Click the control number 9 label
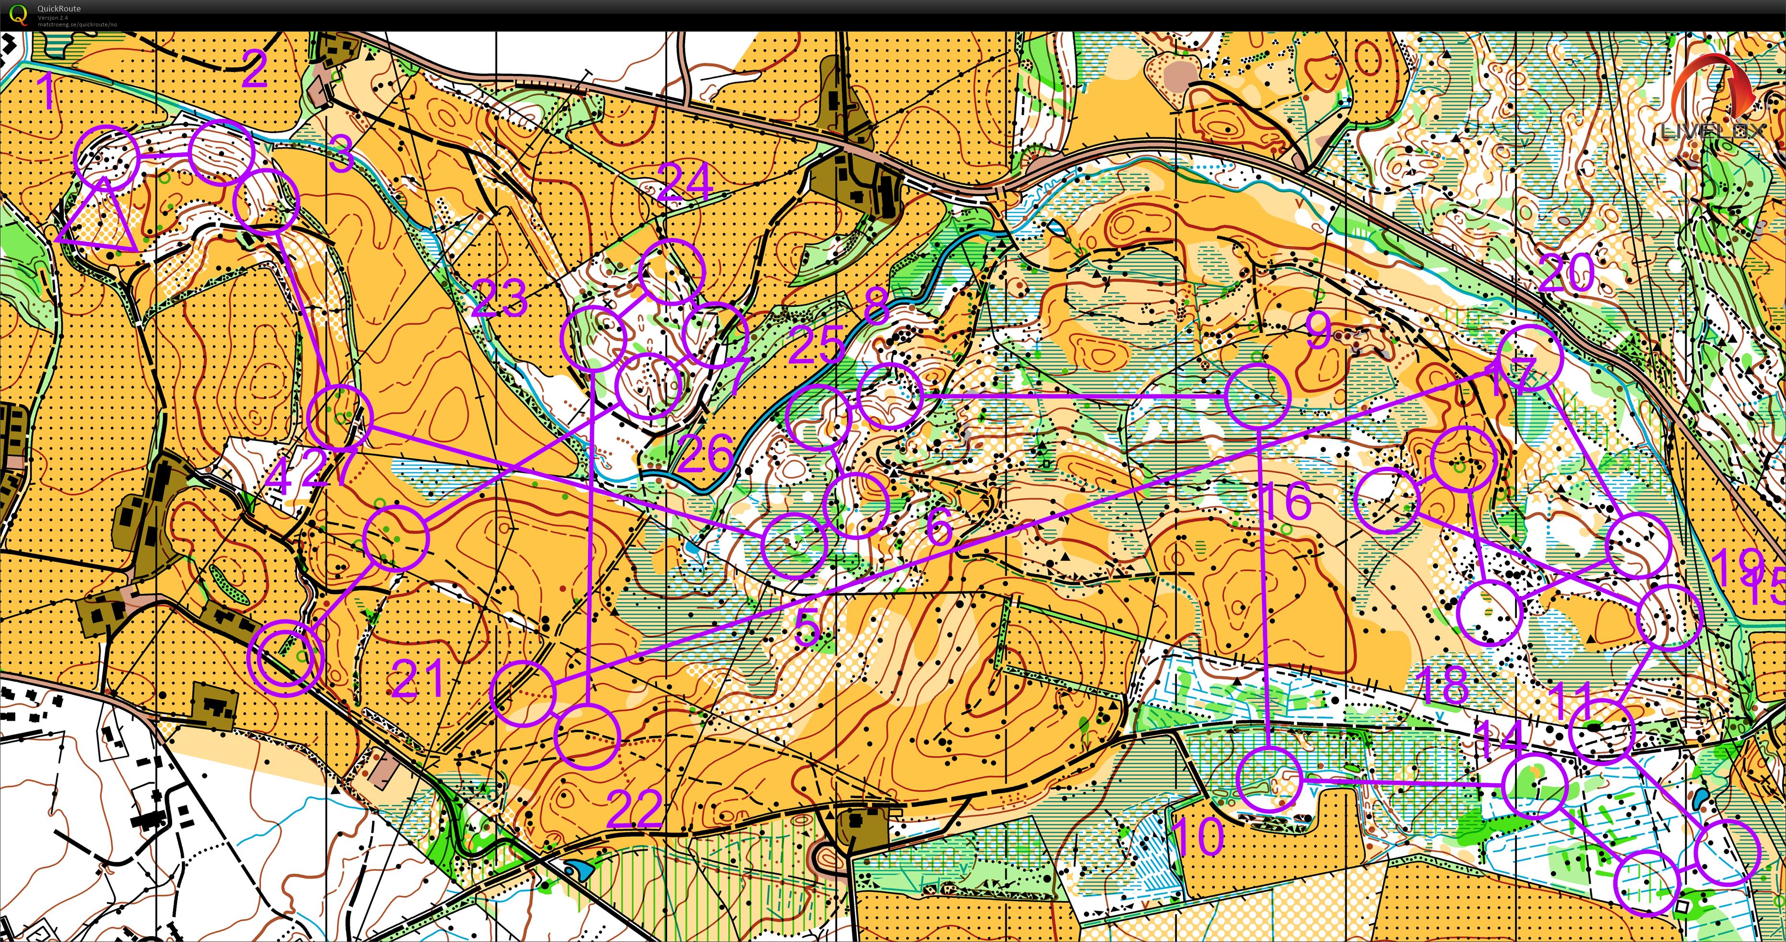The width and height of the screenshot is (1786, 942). [1318, 332]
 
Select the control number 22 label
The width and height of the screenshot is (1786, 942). [634, 809]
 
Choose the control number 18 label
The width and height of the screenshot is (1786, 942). [1444, 685]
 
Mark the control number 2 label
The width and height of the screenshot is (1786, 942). [254, 70]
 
